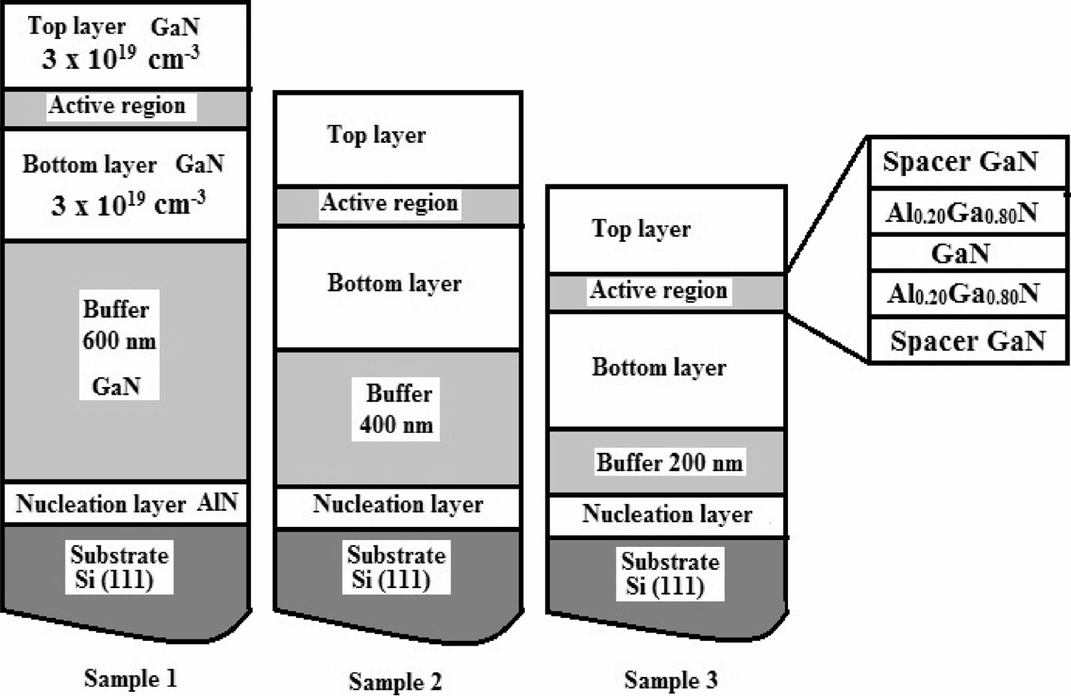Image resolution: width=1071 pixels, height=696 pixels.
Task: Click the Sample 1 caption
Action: pyautogui.click(x=130, y=678)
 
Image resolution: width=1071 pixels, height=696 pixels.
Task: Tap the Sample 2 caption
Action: pyautogui.click(x=395, y=681)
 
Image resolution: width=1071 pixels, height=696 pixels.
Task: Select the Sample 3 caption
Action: pyautogui.click(x=670, y=679)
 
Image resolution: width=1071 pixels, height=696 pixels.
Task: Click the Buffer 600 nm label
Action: pyautogui.click(x=119, y=325)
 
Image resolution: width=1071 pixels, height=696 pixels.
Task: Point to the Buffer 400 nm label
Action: pyautogui.click(x=397, y=409)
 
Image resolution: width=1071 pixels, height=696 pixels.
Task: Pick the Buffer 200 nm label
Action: pyautogui.click(x=669, y=463)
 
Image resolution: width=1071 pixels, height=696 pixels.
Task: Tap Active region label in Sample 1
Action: pyautogui.click(x=117, y=106)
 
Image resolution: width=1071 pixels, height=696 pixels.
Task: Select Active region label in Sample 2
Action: pyautogui.click(x=389, y=203)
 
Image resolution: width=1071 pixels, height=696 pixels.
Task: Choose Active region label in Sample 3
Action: pyautogui.click(x=659, y=291)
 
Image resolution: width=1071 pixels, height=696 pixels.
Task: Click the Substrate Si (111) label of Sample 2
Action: pyautogui.click(x=396, y=567)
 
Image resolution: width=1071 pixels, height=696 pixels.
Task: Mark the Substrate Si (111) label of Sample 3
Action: pyautogui.click(x=669, y=574)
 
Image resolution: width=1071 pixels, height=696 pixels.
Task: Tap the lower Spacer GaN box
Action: pyautogui.click(x=968, y=340)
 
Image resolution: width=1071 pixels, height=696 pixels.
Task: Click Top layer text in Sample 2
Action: pyautogui.click(x=376, y=135)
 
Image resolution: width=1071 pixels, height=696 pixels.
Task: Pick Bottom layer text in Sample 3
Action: pyautogui.click(x=659, y=367)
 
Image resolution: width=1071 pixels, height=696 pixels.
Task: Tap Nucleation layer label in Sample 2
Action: pyautogui.click(x=398, y=505)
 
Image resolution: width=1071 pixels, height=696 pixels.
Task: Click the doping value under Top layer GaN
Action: pyautogui.click(x=120, y=59)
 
